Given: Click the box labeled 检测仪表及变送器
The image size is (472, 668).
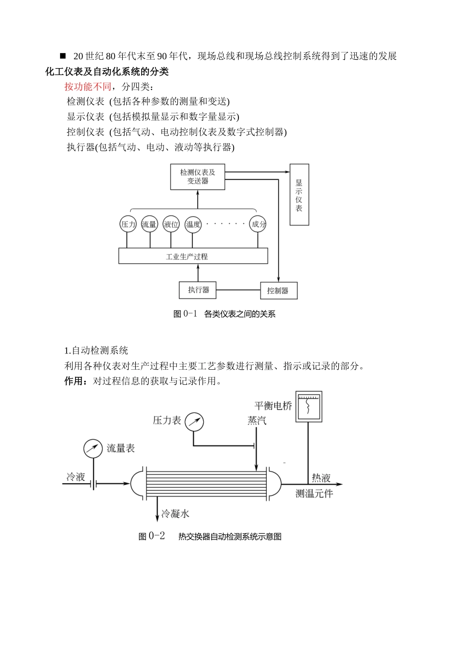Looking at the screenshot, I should pyautogui.click(x=198, y=177).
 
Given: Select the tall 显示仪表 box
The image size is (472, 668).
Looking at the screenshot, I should pyautogui.click(x=299, y=195).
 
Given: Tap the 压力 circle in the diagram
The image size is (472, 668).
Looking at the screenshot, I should pyautogui.click(x=128, y=224).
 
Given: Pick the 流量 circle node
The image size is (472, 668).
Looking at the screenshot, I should pyautogui.click(x=149, y=224).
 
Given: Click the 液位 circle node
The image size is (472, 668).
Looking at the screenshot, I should pyautogui.click(x=171, y=224).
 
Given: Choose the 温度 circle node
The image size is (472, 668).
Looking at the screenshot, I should pyautogui.click(x=193, y=224).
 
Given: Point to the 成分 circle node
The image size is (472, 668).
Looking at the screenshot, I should pyautogui.click(x=258, y=224).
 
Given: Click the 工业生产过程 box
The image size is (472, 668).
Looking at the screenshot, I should pyautogui.click(x=193, y=256).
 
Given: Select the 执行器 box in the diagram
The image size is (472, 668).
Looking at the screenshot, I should pyautogui.click(x=198, y=290).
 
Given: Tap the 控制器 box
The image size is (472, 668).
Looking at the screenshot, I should pyautogui.click(x=279, y=291).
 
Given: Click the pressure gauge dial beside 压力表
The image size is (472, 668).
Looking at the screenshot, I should pyautogui.click(x=194, y=422).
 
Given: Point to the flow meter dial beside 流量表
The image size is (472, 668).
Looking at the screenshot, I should pyautogui.click(x=93, y=449).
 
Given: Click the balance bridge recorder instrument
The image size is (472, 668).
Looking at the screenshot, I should pyautogui.click(x=309, y=407).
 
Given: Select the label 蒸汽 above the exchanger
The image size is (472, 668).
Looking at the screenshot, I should pyautogui.click(x=257, y=420).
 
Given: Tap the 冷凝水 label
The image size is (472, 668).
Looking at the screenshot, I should pyautogui.click(x=175, y=514).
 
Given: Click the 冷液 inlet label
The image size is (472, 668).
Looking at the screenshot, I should pyautogui.click(x=76, y=477).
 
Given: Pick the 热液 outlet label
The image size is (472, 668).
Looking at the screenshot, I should pyautogui.click(x=321, y=478).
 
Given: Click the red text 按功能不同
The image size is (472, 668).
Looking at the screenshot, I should pyautogui.click(x=88, y=87).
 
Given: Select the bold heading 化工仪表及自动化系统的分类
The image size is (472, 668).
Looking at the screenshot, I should pyautogui.click(x=107, y=72).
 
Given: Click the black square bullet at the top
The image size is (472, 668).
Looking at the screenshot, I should pyautogui.click(x=63, y=56).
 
